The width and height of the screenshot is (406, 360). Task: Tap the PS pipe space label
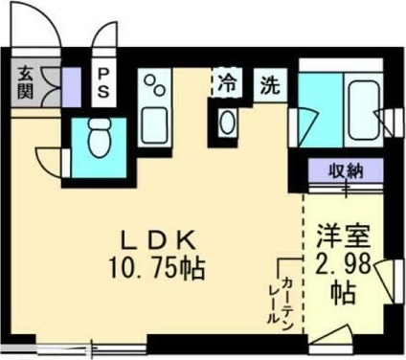click(100, 82)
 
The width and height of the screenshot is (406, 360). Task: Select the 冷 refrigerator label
click(225, 83)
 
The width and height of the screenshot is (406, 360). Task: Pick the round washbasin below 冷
click(227, 123)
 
